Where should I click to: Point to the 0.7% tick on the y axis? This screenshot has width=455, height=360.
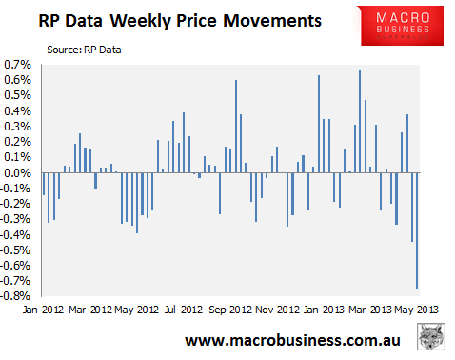point(19,65)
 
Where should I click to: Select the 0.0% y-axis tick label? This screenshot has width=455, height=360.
point(19,173)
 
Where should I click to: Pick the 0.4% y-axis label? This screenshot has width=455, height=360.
point(19,111)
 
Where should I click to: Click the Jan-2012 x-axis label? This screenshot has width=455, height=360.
point(43,310)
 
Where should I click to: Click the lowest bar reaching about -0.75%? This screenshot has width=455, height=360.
point(417,230)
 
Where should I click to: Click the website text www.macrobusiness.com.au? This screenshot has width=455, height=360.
point(290,340)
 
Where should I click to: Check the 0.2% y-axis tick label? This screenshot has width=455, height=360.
point(19,142)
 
